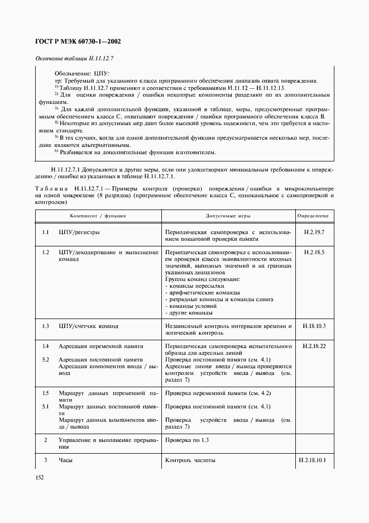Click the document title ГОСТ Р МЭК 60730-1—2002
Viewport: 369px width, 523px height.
click(78, 41)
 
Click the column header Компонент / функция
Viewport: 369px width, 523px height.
click(98, 215)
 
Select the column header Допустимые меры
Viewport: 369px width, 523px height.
click(228, 215)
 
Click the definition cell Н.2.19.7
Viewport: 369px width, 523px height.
click(314, 231)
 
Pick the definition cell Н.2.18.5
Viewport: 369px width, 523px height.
click(314, 253)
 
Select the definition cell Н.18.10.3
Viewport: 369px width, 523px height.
click(314, 325)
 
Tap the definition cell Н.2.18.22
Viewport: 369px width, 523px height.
click(314, 346)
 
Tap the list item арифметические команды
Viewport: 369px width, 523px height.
click(204, 292)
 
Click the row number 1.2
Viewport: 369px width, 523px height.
click(46, 253)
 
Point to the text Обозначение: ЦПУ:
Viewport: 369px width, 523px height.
click(82, 73)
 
